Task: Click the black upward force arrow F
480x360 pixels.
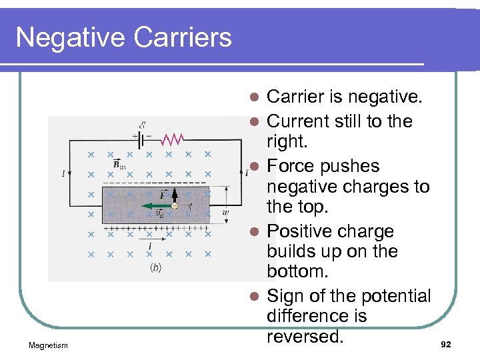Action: coord(174,195)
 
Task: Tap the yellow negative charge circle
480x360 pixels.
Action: coord(175,206)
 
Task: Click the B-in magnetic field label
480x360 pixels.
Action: coord(119,164)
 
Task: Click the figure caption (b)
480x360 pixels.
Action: coord(155,267)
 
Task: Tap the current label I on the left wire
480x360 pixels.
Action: coord(63,174)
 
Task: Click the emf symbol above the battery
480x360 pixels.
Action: coord(143,125)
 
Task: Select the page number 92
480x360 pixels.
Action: coord(446,345)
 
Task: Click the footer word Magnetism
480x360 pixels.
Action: coord(48,345)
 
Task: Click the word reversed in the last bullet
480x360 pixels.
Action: coord(305,335)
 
